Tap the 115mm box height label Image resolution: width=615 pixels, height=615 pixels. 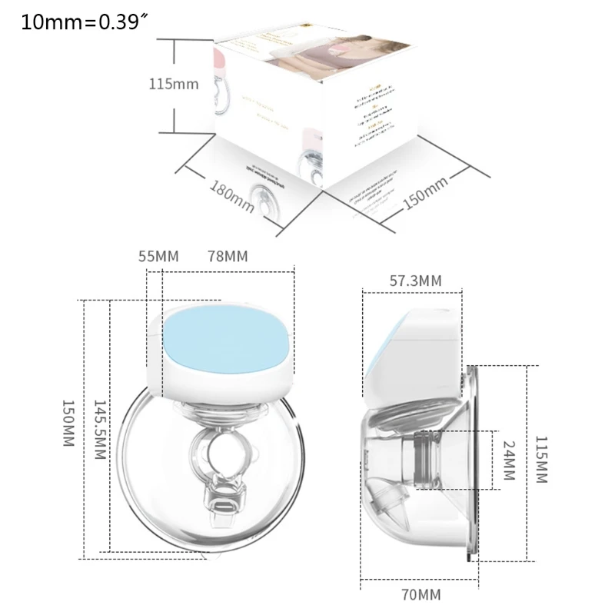[174, 84]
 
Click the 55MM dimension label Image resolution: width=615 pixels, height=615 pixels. [158, 256]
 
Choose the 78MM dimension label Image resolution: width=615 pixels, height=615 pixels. [228, 256]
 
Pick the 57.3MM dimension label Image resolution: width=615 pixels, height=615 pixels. [415, 281]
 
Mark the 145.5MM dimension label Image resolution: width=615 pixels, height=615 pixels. [99, 430]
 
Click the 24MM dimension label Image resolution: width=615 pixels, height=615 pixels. [507, 460]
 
